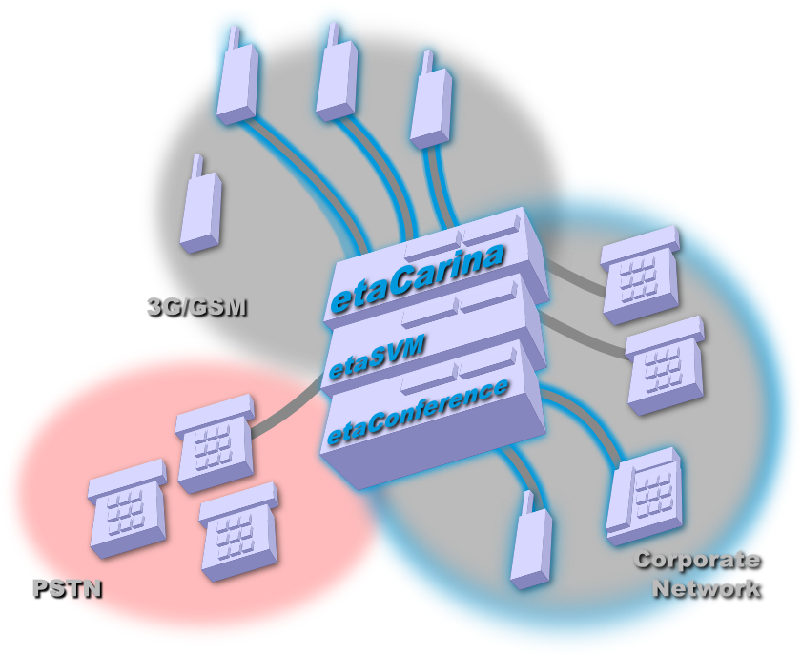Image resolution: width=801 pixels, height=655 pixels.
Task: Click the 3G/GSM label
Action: coord(195,307)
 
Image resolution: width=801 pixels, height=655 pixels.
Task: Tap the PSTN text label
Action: coord(67,588)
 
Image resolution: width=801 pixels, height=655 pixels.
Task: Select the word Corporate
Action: coord(697,560)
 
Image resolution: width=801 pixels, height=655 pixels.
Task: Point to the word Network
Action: coord(707,587)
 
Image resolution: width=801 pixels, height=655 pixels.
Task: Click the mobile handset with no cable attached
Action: coord(201,212)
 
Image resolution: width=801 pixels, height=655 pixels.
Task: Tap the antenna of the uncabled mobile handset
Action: coord(196,166)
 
